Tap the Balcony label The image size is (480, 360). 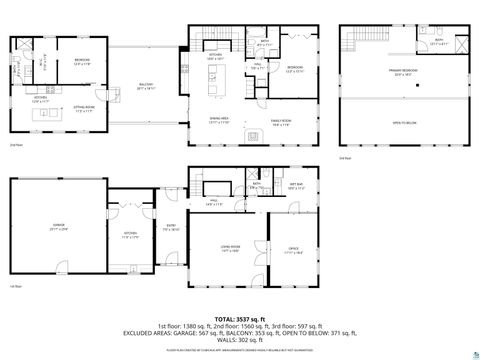(146, 87)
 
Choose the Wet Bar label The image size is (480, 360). (297, 186)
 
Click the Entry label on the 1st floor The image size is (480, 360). (171, 227)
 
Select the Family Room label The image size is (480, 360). (280, 123)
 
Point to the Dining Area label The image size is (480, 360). (221, 122)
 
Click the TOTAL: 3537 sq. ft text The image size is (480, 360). (240, 318)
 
